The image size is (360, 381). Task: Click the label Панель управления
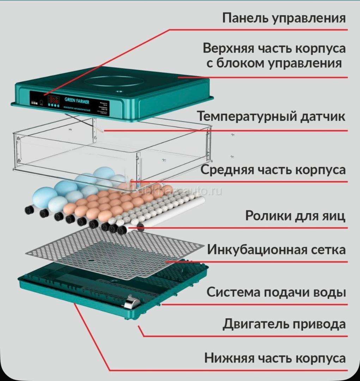tap(284, 18)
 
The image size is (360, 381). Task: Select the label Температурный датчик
tap(271, 116)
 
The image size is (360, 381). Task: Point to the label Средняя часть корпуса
tap(273, 170)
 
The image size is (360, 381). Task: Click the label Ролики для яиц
tap(295, 216)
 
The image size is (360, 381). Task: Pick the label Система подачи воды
tap(276, 292)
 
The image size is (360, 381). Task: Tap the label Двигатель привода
tap(284, 324)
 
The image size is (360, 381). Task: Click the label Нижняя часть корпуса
tap(275, 358)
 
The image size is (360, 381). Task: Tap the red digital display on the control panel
tap(54, 99)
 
